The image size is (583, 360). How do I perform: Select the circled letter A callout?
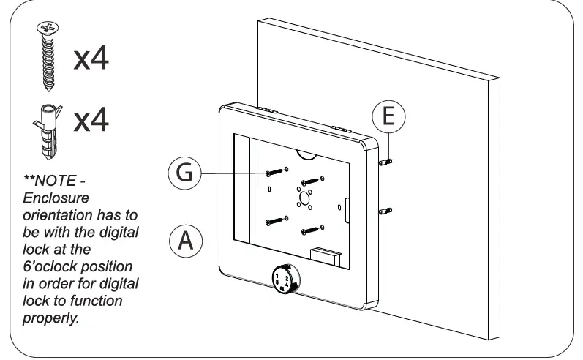[186, 241]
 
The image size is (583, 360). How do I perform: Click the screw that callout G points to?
[274, 173]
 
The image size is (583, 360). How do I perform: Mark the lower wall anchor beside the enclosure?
[388, 211]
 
